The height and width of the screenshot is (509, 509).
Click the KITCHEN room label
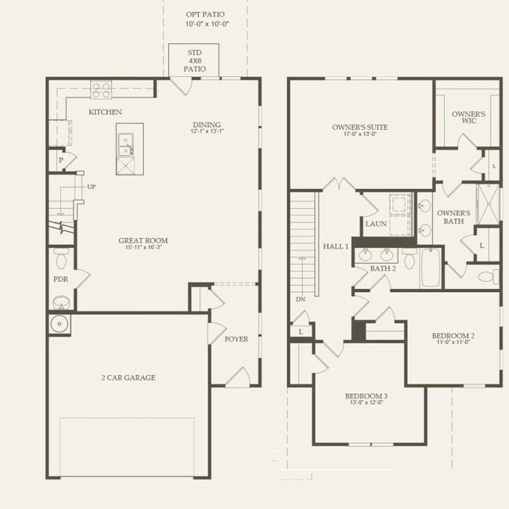105,112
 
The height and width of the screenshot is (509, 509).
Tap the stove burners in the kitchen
100,89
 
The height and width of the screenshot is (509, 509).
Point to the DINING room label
208,125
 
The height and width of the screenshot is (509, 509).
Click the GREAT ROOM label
143,241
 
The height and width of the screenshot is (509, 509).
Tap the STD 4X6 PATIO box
195,61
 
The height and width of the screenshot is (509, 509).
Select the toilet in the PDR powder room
61,256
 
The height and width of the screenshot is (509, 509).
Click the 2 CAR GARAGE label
128,377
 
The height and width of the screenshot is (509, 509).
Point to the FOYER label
236,339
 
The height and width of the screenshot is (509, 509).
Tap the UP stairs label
92,187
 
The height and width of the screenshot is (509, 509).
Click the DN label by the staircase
301,299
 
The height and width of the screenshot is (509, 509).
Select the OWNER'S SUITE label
359,127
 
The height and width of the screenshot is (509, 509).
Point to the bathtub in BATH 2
431,267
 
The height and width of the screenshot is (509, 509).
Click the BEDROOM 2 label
453,336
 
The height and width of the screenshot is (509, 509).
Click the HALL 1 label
335,246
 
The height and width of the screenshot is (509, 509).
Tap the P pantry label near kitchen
61,160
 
